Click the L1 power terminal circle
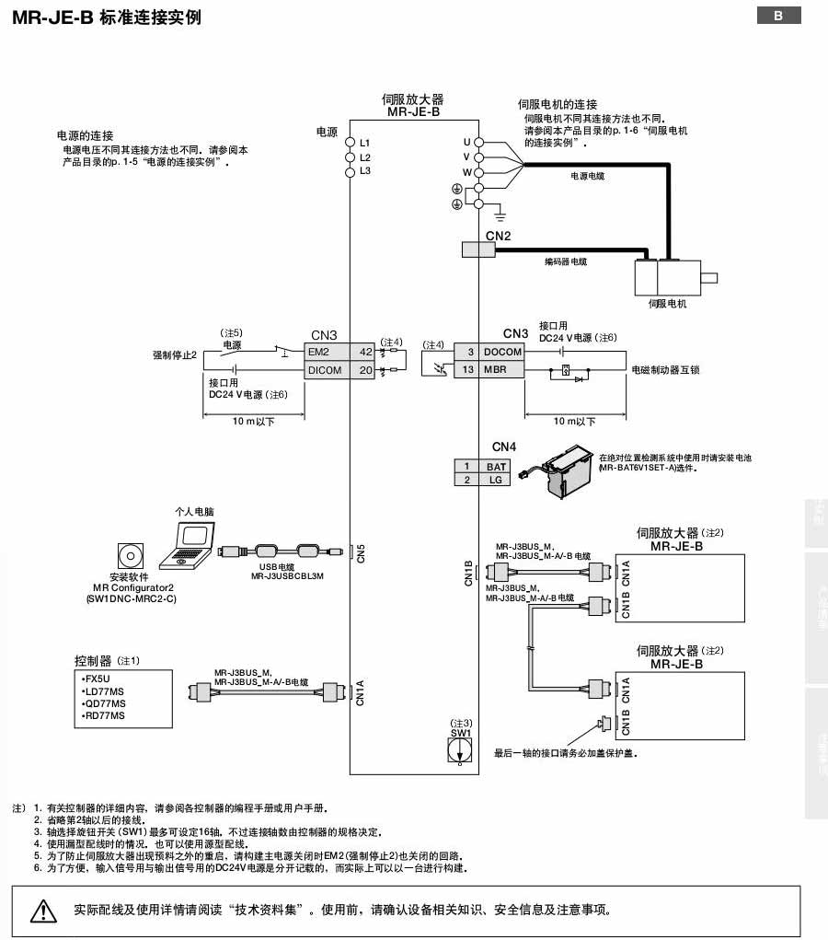click(350, 144)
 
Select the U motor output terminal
click(477, 143)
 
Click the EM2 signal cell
click(328, 352)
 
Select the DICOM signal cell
click(328, 370)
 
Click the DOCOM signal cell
click(502, 352)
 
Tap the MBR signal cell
click(502, 370)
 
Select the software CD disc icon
click(129, 556)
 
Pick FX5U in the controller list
click(97, 679)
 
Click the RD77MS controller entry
click(103, 715)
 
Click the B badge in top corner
click(778, 16)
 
